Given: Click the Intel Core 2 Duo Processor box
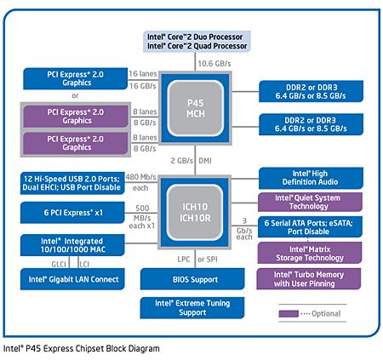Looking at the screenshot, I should tap(196, 42).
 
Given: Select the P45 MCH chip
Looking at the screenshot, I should tap(196, 109).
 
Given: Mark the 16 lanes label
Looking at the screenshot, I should tap(143, 75).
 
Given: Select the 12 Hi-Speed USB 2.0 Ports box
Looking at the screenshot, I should tap(75, 181).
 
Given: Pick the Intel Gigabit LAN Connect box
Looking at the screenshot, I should tap(75, 278).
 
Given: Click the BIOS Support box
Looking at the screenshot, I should tap(196, 278).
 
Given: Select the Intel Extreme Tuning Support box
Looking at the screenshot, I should tap(196, 307).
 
